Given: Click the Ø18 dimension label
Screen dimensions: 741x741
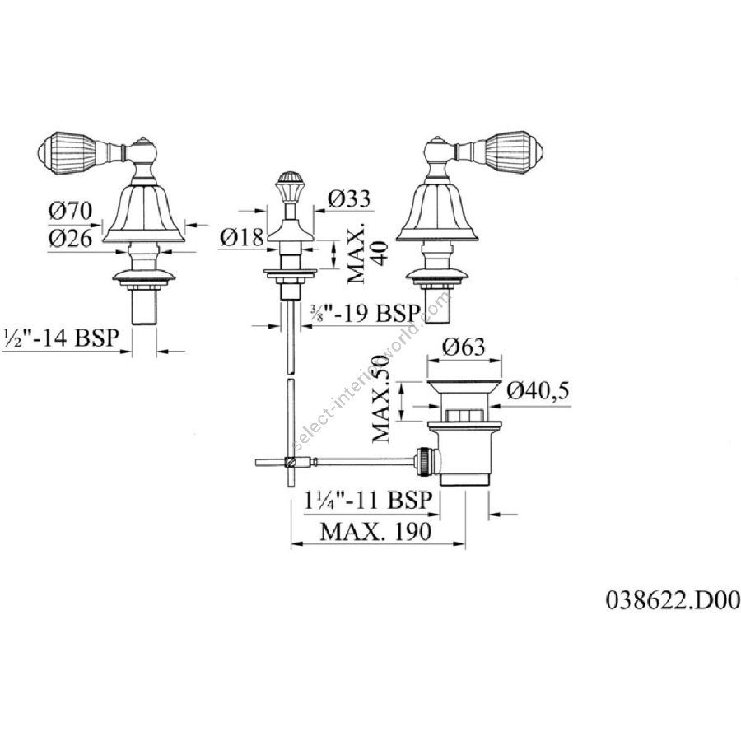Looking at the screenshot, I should pos(241,238).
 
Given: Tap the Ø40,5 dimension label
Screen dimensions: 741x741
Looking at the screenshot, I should pos(539,391).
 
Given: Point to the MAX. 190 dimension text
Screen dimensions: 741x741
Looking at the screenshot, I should pos(375,531).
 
